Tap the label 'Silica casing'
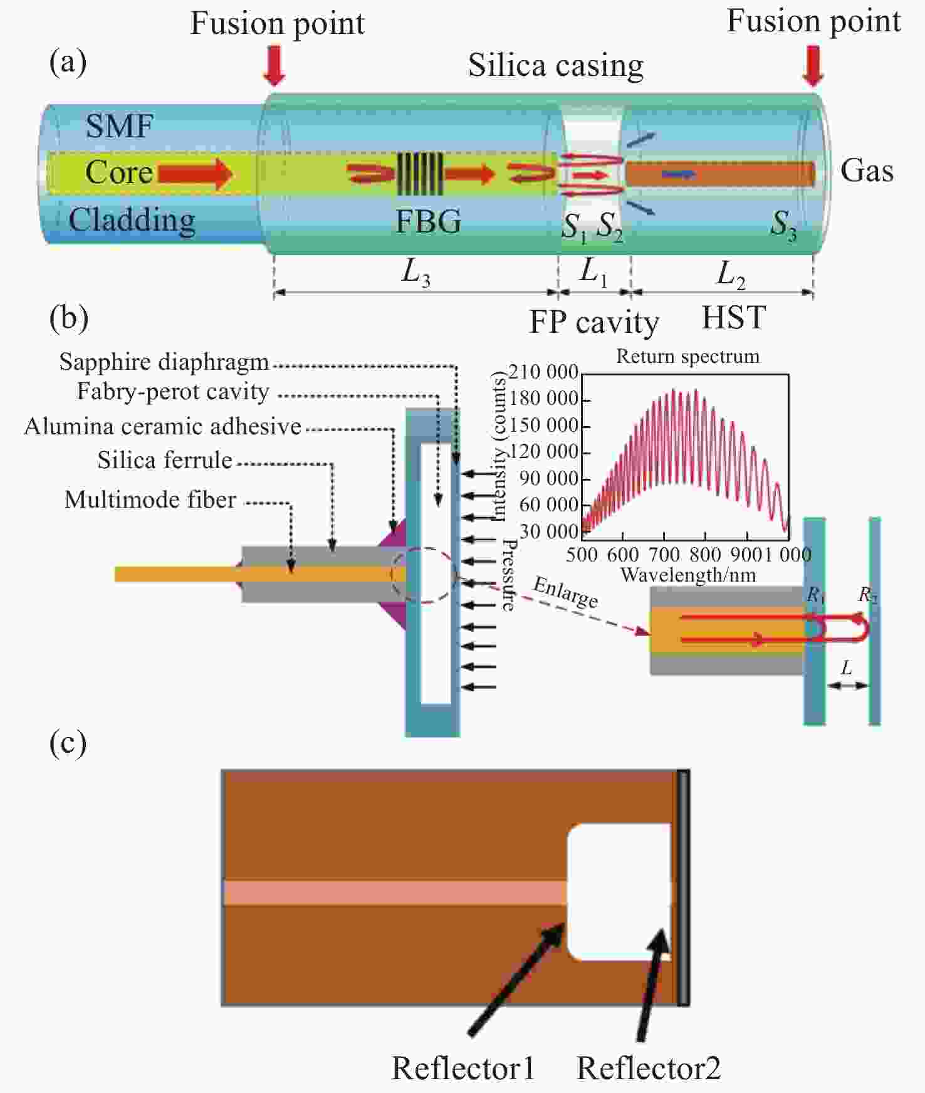556,66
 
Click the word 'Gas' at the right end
867,170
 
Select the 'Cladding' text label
132,221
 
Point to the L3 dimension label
415,272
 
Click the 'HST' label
734,317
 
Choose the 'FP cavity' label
594,323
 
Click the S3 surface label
783,225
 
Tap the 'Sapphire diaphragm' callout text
164,362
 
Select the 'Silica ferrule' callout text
165,460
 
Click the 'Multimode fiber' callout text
150,499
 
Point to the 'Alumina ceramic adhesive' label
163,426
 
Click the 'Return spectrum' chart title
687,356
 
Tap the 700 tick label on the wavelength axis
664,555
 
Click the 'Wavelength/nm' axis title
688,575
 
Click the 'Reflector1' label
463,1068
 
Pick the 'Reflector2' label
649,1068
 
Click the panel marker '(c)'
68,743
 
